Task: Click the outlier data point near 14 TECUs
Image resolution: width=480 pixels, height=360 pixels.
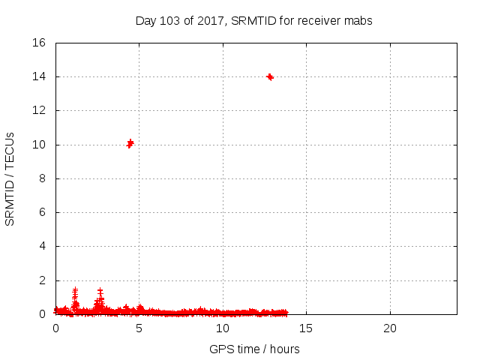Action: (270, 77)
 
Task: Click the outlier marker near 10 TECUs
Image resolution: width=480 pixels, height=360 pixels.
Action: (130, 143)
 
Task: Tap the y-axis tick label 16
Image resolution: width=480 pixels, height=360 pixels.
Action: (40, 43)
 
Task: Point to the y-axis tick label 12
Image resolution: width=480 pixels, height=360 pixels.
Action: (40, 110)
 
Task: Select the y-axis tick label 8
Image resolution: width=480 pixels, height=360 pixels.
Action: (43, 178)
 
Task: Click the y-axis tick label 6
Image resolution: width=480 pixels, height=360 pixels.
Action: (43, 212)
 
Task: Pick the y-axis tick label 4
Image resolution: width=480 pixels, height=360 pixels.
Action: (43, 246)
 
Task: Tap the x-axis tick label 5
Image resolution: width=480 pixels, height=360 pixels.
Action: (139, 328)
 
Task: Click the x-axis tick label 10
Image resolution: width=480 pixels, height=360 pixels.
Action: (223, 328)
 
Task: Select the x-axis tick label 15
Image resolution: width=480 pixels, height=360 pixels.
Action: (306, 328)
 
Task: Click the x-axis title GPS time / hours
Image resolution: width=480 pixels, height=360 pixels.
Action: (255, 349)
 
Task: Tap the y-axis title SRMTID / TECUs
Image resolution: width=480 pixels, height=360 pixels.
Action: (10, 178)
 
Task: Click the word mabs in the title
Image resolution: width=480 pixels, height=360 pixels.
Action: (359, 21)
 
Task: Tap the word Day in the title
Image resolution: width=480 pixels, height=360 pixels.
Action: (145, 21)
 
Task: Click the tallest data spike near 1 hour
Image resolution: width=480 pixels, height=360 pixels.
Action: (75, 289)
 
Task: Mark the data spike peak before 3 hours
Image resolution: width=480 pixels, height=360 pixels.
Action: (100, 290)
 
